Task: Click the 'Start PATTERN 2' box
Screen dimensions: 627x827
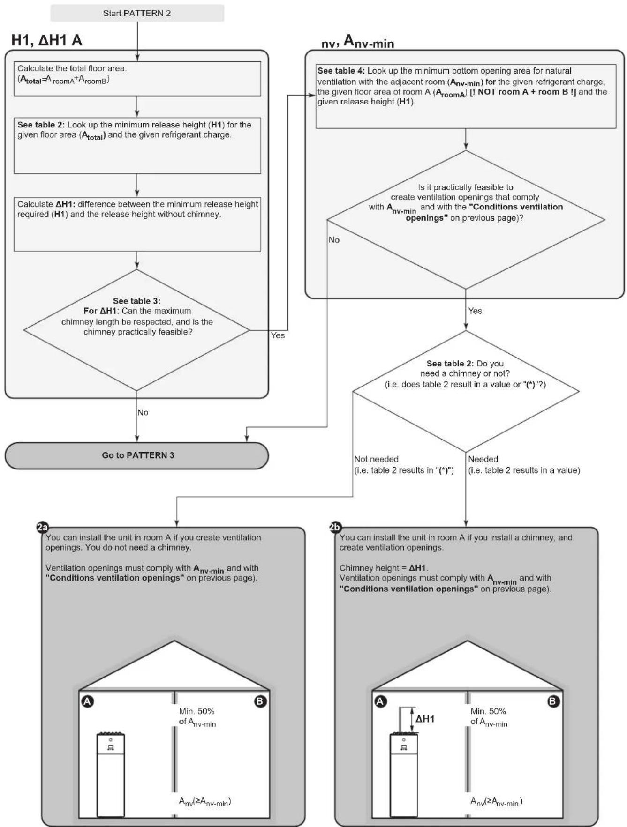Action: (x=137, y=13)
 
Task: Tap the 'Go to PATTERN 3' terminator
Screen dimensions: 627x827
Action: (x=137, y=455)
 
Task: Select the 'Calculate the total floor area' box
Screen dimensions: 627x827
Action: (x=137, y=79)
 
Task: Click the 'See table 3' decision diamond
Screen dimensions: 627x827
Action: (x=137, y=330)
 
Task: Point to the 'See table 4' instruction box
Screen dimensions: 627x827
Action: (x=466, y=96)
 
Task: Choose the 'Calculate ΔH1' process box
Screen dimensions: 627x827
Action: (x=137, y=224)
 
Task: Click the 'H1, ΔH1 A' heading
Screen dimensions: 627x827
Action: (x=47, y=40)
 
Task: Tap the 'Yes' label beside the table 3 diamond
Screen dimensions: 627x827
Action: (x=278, y=335)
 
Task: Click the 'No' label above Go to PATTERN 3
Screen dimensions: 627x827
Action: (x=143, y=412)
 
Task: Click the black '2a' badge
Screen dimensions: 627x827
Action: (x=42, y=528)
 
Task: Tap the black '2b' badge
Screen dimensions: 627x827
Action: (x=335, y=528)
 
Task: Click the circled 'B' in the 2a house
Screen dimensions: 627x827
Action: (x=260, y=701)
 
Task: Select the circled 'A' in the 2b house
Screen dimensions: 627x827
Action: (x=380, y=701)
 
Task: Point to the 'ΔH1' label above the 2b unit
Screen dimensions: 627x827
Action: (x=425, y=719)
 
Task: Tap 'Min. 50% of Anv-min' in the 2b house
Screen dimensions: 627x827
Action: (x=489, y=717)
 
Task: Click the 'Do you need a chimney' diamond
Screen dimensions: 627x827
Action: (x=466, y=391)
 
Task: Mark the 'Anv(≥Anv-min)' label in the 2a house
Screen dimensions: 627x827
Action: (x=205, y=802)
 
